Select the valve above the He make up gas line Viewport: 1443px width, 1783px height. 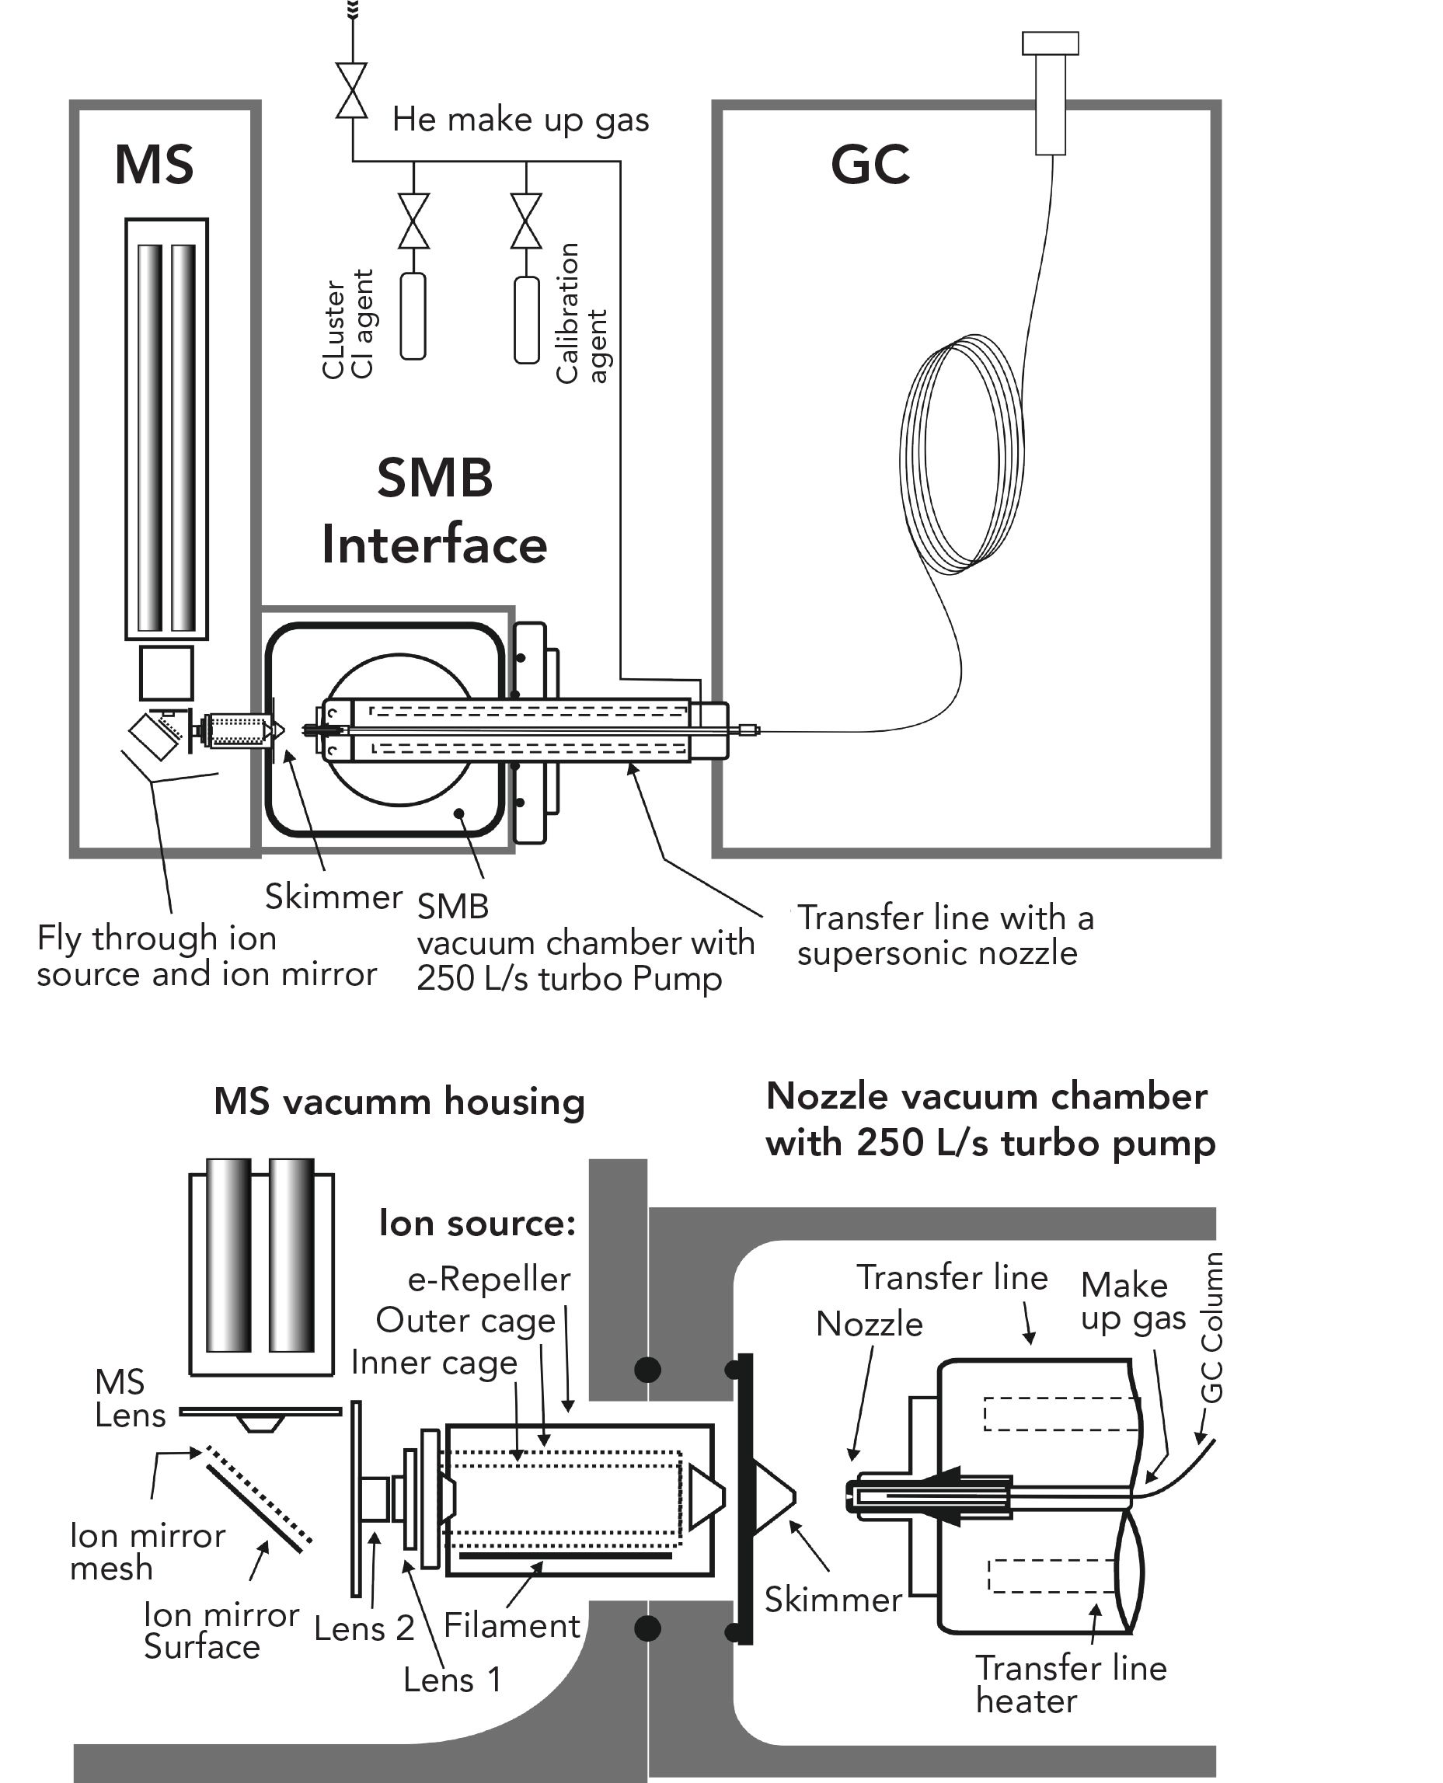tap(353, 91)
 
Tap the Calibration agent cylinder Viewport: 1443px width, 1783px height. tap(527, 320)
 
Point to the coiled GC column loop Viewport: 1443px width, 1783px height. tap(963, 453)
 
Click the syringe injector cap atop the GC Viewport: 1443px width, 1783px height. tap(1050, 44)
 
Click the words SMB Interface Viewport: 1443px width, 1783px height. tap(434, 512)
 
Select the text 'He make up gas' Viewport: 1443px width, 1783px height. tap(521, 120)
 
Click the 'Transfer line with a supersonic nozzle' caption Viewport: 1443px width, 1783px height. tap(944, 935)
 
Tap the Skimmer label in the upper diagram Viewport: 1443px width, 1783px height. tap(333, 897)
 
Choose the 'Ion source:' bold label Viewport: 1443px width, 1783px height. tap(477, 1223)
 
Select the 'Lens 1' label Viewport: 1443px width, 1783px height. tap(452, 1679)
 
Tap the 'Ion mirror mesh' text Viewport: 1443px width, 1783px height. tap(147, 1551)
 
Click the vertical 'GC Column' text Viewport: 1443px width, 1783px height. tap(1212, 1328)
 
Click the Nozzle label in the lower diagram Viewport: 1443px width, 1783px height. tap(869, 1325)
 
